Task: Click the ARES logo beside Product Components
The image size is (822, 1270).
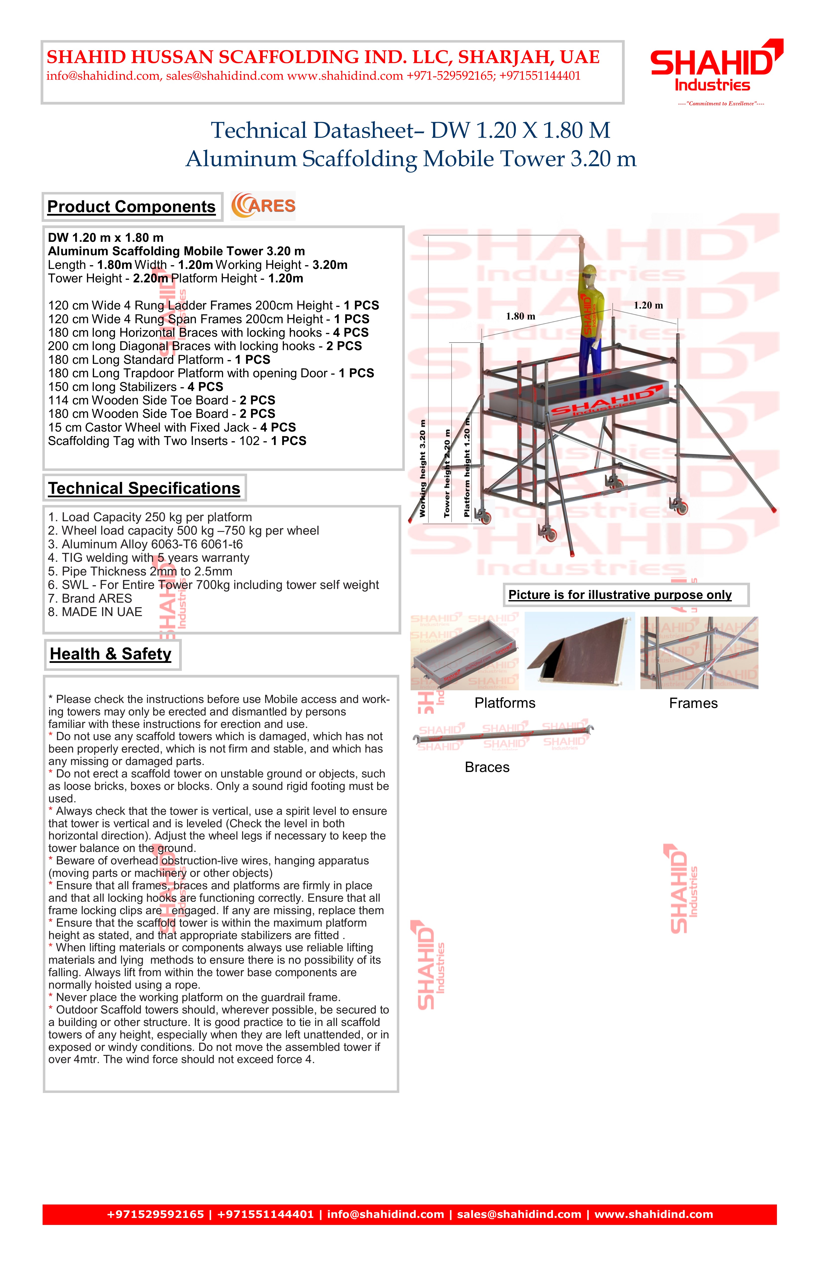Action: (x=263, y=206)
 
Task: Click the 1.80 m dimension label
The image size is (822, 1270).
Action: (x=520, y=317)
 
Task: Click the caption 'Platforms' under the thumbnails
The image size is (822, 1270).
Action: (x=505, y=703)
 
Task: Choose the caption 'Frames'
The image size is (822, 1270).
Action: (x=693, y=703)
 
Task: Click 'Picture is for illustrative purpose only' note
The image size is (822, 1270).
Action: (x=620, y=595)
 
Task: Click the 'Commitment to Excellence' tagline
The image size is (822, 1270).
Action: (x=721, y=104)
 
